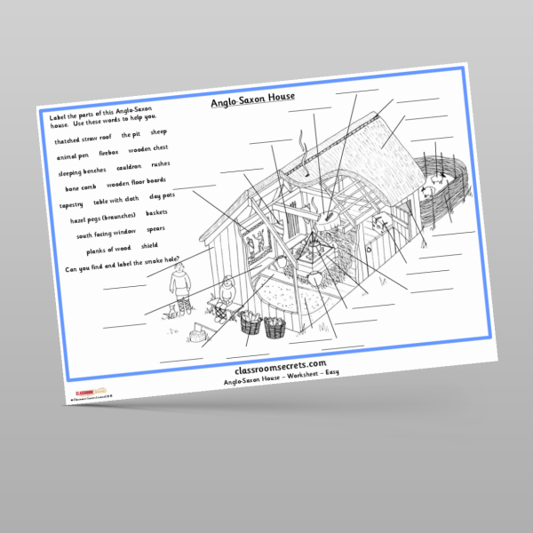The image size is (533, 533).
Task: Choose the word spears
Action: (155, 228)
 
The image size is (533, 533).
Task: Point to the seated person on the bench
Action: (227, 292)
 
